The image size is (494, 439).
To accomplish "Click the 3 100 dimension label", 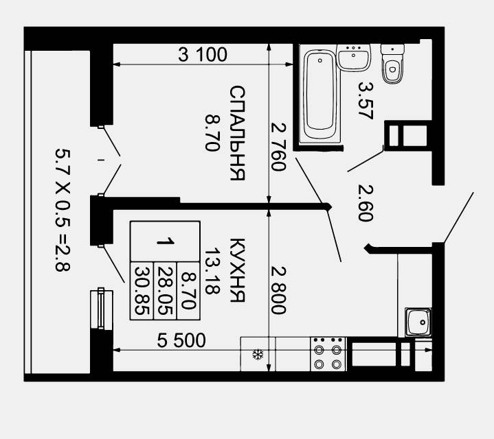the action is (x=203, y=54).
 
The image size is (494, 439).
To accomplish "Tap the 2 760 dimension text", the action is (x=278, y=147).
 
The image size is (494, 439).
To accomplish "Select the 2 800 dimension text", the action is (x=278, y=290).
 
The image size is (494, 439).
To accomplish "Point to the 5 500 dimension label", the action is (x=181, y=340).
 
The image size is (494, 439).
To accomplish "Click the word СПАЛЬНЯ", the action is (x=237, y=132).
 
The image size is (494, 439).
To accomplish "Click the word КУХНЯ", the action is (x=237, y=270).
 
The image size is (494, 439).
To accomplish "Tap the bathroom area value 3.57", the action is (x=366, y=101).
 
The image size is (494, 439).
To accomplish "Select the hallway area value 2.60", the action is (x=366, y=203).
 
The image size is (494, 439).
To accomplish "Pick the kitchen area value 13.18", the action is (x=213, y=271).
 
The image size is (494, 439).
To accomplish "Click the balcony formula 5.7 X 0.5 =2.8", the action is (x=63, y=210).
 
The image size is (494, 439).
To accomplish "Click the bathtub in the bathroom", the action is (x=319, y=95).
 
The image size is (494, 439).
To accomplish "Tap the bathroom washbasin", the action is (x=353, y=58).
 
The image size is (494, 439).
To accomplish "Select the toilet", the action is (x=392, y=64).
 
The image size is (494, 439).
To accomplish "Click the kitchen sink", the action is (x=418, y=322).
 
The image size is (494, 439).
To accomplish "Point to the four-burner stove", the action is (x=328, y=354).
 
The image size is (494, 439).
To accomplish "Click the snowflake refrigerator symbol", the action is (x=258, y=355).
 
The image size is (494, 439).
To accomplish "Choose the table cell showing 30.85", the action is (x=142, y=291).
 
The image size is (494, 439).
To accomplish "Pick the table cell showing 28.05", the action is (x=165, y=291).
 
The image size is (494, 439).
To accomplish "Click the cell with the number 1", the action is (x=165, y=241).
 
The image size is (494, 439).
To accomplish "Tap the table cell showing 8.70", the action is (x=189, y=291).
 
